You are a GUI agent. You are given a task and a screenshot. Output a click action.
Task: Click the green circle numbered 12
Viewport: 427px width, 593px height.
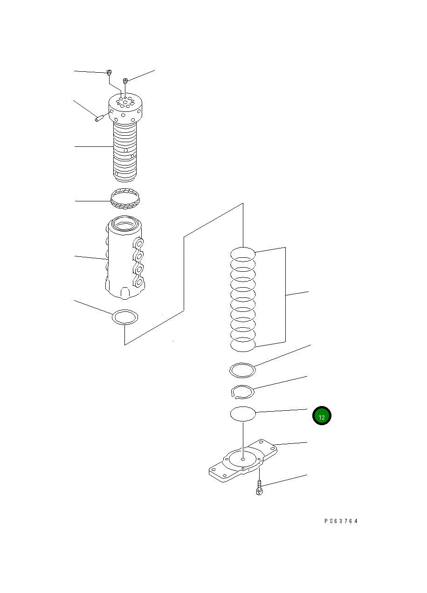322,416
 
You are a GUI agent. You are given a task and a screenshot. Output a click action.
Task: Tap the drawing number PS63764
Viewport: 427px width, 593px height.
341,521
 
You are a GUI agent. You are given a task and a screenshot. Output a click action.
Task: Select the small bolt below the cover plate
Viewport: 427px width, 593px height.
260,490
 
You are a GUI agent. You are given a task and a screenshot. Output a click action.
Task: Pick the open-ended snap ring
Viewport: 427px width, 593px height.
242,392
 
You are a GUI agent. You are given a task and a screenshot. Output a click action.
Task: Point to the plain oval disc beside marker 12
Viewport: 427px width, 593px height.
243,414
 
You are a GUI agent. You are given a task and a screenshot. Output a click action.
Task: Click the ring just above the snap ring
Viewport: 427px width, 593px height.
243,371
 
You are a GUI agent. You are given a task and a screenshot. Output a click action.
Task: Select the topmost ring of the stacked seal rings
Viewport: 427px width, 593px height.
243,254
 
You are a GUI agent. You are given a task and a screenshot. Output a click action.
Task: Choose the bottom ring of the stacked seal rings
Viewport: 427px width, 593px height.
243,345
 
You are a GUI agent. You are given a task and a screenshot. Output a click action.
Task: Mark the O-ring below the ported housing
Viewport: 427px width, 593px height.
125,317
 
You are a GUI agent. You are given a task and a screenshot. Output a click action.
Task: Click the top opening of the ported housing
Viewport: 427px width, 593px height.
125,226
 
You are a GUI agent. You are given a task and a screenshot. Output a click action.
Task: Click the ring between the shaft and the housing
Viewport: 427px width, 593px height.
125,198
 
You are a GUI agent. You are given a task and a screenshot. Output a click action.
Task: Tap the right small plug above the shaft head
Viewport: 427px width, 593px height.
125,81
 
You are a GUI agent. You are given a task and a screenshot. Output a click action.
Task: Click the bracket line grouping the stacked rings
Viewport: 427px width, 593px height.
285,295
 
